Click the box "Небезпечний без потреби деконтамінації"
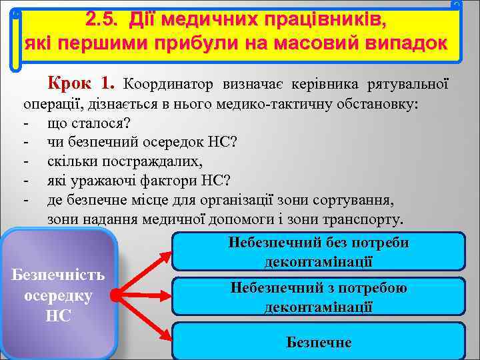coord(318,252)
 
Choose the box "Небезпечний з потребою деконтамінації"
coord(318,297)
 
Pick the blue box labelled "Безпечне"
coord(318,342)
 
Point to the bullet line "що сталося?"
coord(89,123)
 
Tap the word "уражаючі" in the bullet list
coord(103,181)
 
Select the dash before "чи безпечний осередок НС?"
coord(25,143)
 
